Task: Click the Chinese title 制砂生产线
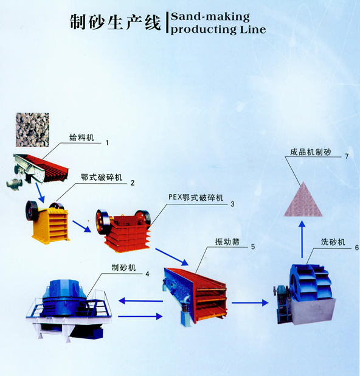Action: click(x=115, y=22)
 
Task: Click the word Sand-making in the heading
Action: click(x=210, y=17)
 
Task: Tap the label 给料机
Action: click(x=81, y=138)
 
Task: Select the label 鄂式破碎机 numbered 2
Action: click(x=102, y=178)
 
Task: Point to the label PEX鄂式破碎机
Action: click(x=196, y=198)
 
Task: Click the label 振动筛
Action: click(x=227, y=242)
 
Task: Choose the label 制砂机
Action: click(x=123, y=268)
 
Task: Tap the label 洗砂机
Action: click(x=333, y=242)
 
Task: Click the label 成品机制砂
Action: click(x=311, y=152)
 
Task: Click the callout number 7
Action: click(x=347, y=156)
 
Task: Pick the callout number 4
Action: click(x=147, y=274)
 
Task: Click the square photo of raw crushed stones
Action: click(x=32, y=130)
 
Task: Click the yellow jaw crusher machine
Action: click(x=48, y=223)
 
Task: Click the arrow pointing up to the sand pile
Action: click(x=302, y=239)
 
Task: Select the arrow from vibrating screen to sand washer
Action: click(x=250, y=303)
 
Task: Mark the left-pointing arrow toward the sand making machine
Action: click(x=140, y=301)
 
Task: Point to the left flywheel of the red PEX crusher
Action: click(x=103, y=222)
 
